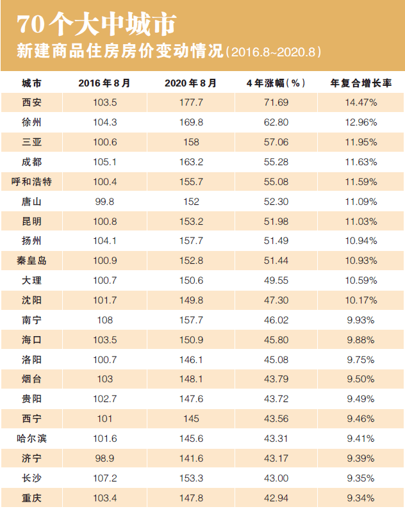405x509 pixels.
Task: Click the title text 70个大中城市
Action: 95,24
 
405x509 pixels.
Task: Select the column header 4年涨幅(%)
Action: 275,83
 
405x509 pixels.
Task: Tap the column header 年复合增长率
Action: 361,83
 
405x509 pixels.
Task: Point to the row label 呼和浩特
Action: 31,182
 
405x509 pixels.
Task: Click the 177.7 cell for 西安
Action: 190,102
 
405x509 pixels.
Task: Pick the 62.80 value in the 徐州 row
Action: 275,122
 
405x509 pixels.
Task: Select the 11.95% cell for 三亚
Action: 361,142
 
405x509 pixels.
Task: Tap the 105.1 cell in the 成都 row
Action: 104,162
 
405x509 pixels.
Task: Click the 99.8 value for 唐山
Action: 104,202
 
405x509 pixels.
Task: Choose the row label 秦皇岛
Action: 31,261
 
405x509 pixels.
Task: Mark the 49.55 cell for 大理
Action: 275,280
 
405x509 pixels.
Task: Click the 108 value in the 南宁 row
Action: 104,320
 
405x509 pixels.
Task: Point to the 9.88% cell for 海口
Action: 361,340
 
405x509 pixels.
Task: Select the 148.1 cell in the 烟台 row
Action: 190,379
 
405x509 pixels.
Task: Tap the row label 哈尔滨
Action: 31,439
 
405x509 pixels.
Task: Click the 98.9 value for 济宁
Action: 104,458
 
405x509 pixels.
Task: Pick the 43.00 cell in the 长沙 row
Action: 275,478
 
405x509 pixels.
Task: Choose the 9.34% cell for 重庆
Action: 361,497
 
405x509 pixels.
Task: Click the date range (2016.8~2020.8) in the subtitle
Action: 274,52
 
